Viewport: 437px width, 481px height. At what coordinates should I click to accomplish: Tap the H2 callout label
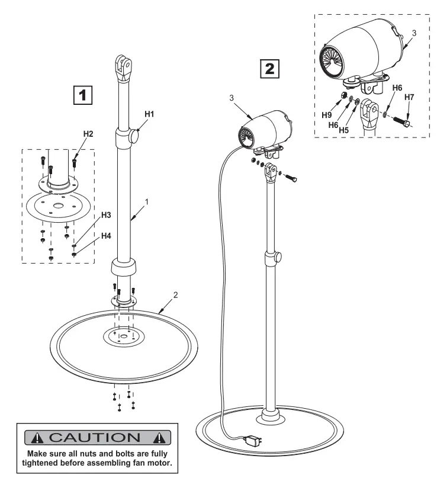click(x=88, y=134)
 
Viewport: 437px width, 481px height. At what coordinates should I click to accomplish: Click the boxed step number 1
click(x=83, y=94)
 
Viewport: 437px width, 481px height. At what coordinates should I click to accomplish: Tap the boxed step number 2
click(x=269, y=68)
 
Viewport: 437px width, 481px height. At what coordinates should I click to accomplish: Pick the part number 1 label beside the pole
click(x=146, y=201)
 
